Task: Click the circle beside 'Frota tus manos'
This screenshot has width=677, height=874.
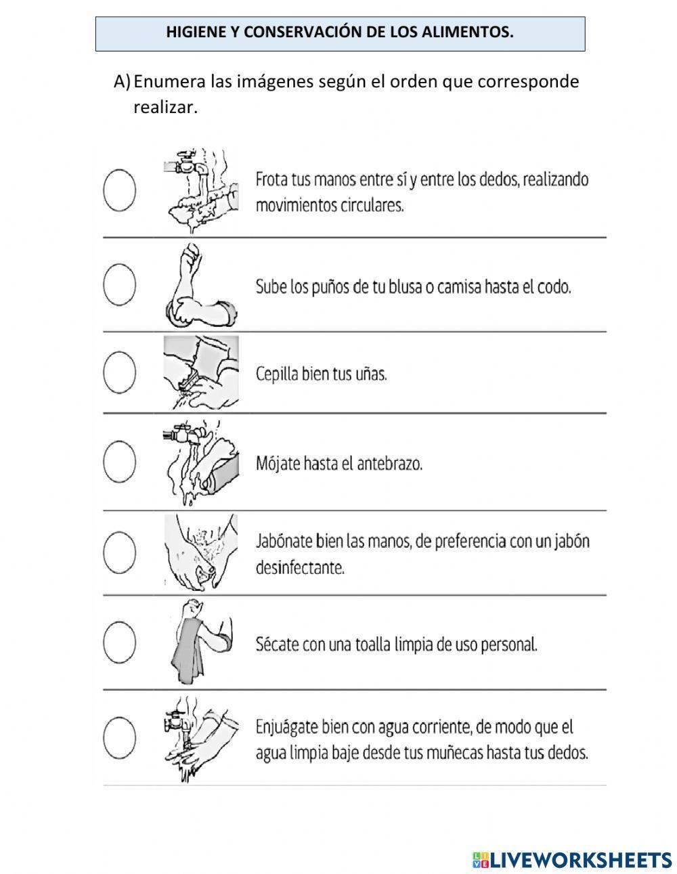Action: (119, 190)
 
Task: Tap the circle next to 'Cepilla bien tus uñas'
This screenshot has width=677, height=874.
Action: (119, 372)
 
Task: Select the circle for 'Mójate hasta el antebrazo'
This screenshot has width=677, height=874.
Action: (119, 462)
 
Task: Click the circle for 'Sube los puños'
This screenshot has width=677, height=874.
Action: (119, 283)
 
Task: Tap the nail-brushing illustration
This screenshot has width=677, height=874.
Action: (200, 372)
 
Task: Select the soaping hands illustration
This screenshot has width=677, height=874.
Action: (200, 552)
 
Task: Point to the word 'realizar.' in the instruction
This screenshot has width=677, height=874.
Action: (165, 107)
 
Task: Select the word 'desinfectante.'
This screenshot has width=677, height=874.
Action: (300, 568)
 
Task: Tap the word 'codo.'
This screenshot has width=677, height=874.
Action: (556, 287)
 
